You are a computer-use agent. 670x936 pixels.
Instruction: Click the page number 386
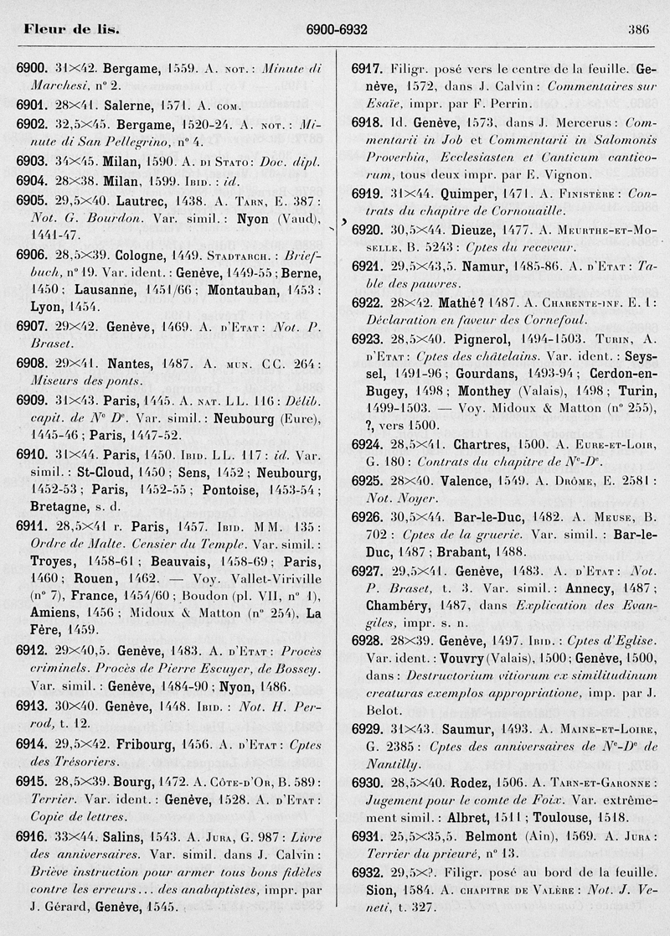[x=638, y=29]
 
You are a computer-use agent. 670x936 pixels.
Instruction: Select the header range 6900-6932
[x=338, y=29]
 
